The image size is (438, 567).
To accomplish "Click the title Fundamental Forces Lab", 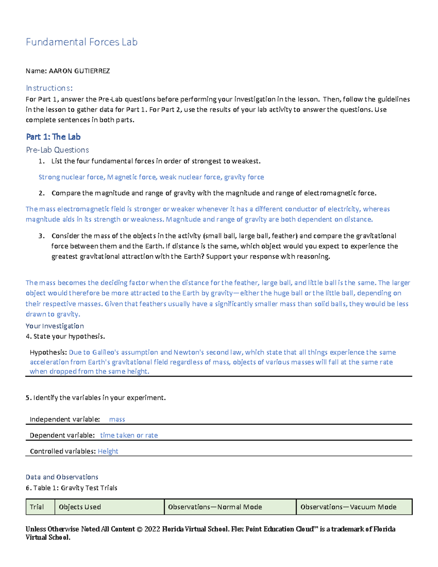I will tap(81, 42).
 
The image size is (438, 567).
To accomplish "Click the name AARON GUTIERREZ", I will tap(79, 71).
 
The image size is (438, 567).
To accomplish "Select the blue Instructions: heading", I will tap(49, 88).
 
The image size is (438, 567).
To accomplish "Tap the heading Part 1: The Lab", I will tap(53, 137).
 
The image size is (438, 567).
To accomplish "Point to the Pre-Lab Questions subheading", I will tap(57, 150).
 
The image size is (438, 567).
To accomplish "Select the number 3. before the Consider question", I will tap(42, 236).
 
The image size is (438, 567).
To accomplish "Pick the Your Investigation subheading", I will tap(55, 326).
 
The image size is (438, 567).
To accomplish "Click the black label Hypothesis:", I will tap(48, 352).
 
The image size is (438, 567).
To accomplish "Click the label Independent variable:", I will tap(65, 419).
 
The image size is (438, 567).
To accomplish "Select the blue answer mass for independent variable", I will tap(117, 419).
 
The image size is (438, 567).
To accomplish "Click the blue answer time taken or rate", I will tap(129, 435).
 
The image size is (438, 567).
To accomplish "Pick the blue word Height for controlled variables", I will tap(108, 451).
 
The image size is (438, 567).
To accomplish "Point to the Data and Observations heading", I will tap(62, 477).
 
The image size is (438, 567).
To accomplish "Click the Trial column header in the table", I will tap(36, 507).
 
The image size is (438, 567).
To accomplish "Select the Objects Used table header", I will tap(80, 507).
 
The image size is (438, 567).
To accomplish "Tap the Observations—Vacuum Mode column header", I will tap(348, 507).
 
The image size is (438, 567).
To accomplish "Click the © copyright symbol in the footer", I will tap(139, 529).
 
